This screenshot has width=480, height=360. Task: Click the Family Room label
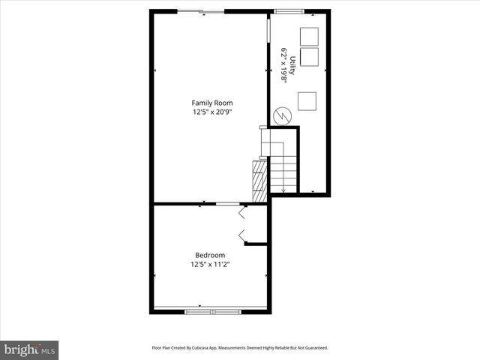point(211,103)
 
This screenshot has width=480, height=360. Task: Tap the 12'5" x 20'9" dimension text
point(211,112)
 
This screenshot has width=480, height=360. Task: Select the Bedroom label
point(210,255)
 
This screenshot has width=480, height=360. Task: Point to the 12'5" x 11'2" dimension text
point(210,264)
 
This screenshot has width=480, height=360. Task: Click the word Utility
point(293,64)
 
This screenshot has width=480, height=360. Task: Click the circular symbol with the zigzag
point(282,115)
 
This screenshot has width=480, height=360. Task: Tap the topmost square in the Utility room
point(308,36)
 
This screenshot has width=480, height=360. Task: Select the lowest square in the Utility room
point(307,100)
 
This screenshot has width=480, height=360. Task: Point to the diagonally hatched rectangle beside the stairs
point(259,181)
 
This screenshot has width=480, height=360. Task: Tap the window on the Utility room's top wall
point(286,12)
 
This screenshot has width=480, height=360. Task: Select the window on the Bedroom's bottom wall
point(211,310)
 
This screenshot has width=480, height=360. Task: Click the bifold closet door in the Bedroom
point(241,225)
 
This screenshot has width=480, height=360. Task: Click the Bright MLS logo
point(29,349)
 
